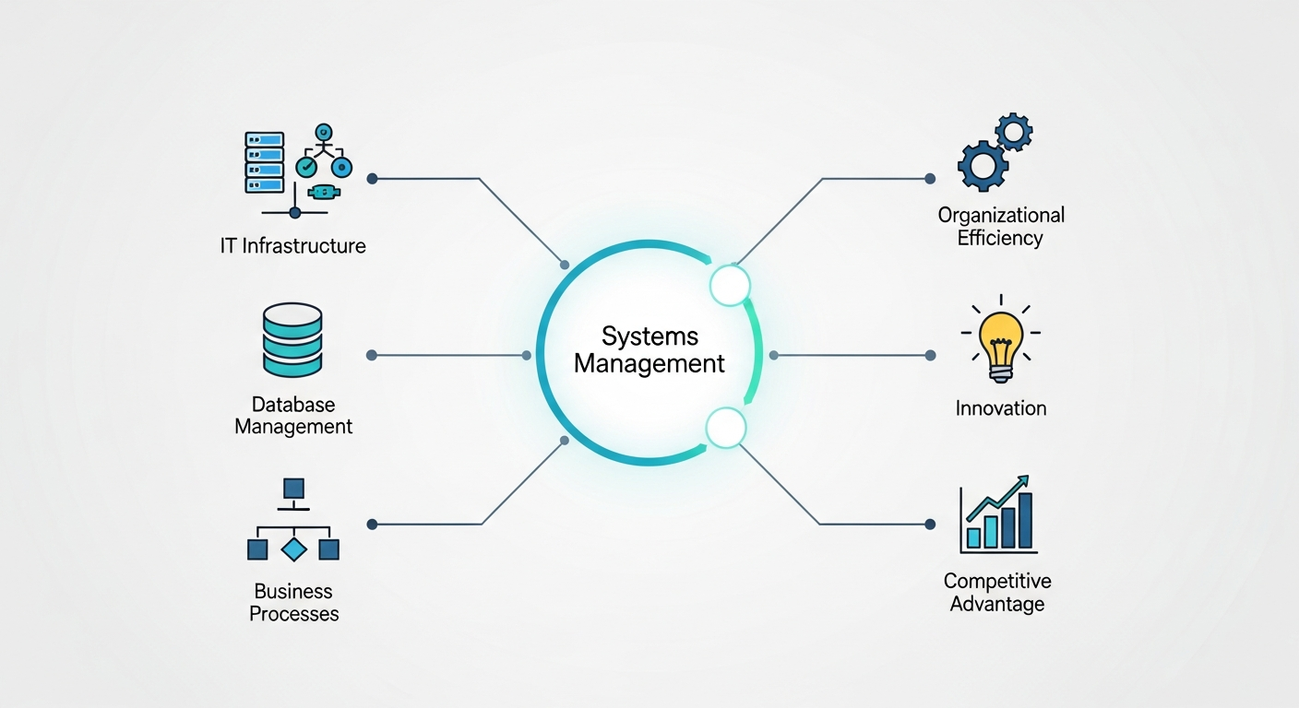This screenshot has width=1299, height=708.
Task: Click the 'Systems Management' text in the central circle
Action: click(x=649, y=349)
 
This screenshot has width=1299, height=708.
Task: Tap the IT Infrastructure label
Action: click(x=292, y=246)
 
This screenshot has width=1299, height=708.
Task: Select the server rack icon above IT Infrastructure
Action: click(x=263, y=162)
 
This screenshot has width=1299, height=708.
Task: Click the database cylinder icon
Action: click(x=292, y=341)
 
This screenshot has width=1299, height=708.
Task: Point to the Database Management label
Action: click(x=293, y=416)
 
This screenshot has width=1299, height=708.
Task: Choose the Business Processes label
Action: click(x=293, y=602)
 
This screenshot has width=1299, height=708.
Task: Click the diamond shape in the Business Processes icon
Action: click(x=293, y=549)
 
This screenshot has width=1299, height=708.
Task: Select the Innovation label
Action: click(x=1001, y=407)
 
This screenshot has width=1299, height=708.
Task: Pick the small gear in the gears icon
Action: click(x=1014, y=132)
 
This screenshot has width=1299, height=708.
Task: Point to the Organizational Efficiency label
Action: click(x=1001, y=226)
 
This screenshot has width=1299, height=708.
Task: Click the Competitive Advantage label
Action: click(x=997, y=593)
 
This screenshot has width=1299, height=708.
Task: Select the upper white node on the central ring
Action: click(x=730, y=286)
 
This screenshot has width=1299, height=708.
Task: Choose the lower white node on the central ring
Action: click(x=725, y=428)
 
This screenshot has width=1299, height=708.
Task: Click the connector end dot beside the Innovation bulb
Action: click(x=930, y=355)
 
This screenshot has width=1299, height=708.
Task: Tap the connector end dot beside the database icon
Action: click(x=371, y=355)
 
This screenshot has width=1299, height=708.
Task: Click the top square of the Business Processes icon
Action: click(x=293, y=488)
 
